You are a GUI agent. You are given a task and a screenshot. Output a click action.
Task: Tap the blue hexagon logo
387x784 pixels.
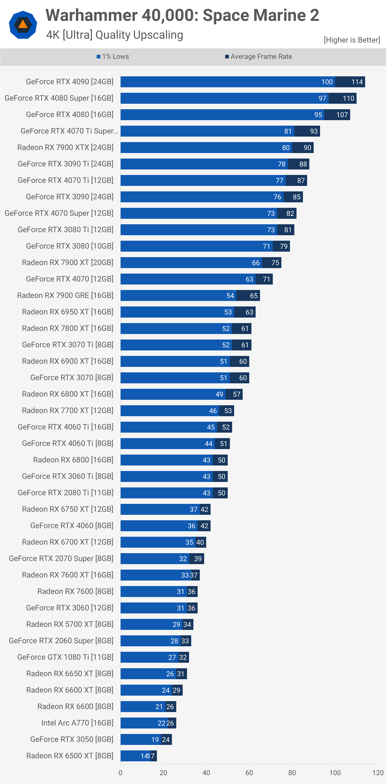point(23,25)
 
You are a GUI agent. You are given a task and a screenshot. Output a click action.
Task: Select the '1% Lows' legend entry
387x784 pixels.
point(113,57)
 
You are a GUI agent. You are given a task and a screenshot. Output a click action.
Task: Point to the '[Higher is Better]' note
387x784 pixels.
point(352,40)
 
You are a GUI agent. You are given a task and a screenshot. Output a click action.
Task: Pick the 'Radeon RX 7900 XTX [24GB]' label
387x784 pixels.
point(65,147)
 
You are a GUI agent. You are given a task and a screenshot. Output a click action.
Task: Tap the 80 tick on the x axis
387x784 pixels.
point(292,772)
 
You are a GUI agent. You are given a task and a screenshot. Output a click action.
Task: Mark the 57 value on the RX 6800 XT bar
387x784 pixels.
point(236,394)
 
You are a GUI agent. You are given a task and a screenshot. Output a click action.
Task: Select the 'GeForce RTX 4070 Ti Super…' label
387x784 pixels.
point(69,131)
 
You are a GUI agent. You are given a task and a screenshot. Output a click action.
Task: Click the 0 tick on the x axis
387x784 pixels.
point(120,772)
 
